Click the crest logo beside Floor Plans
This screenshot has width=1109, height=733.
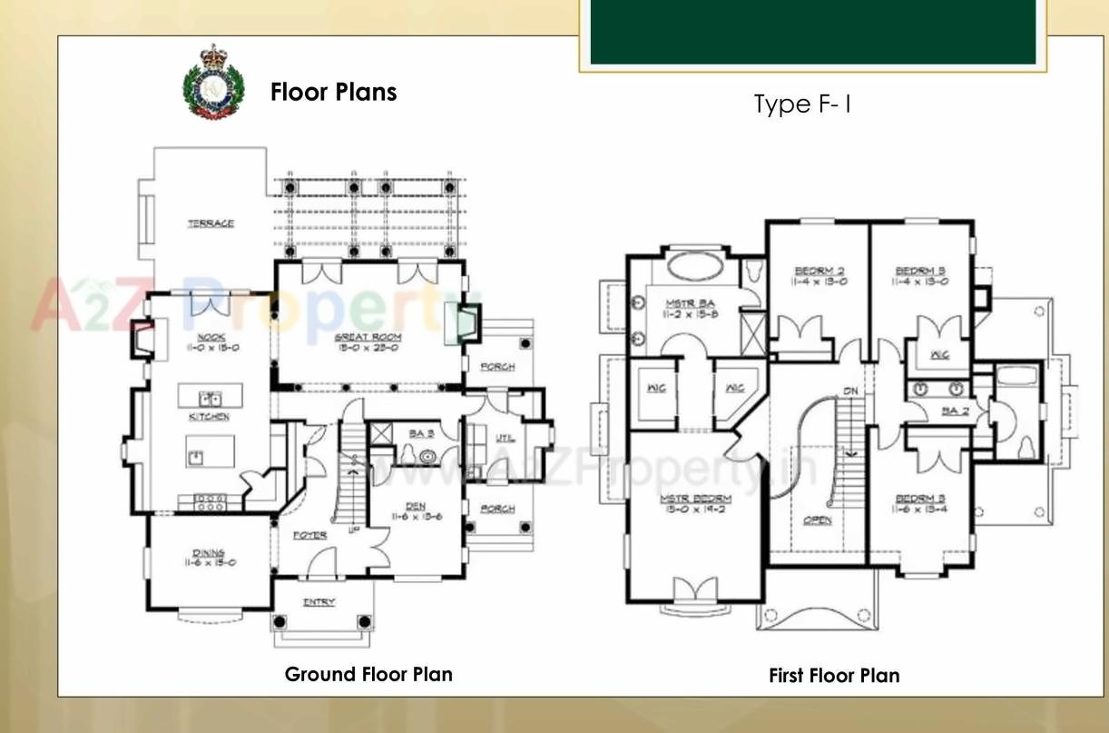[x=214, y=82]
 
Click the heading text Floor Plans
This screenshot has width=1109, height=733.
[x=333, y=93]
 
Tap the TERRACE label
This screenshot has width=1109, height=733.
[x=211, y=223]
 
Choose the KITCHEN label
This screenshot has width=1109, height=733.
[x=209, y=417]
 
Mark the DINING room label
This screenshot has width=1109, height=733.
[x=209, y=552]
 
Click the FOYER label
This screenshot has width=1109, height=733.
[x=309, y=535]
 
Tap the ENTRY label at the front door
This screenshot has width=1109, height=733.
[x=319, y=601]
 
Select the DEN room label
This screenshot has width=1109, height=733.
[x=415, y=507]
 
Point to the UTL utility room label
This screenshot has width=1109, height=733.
[x=505, y=438]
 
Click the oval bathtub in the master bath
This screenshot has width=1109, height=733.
[x=695, y=267]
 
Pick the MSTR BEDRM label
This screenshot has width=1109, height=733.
[x=695, y=498]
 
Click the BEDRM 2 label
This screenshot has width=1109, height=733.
[x=819, y=270]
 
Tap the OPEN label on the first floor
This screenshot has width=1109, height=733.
[x=818, y=520]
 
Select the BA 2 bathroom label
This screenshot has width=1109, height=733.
[x=954, y=411]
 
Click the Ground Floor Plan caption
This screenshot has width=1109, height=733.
[x=368, y=674]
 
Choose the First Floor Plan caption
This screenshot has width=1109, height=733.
[x=834, y=676]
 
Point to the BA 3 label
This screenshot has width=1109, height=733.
[x=421, y=434]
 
